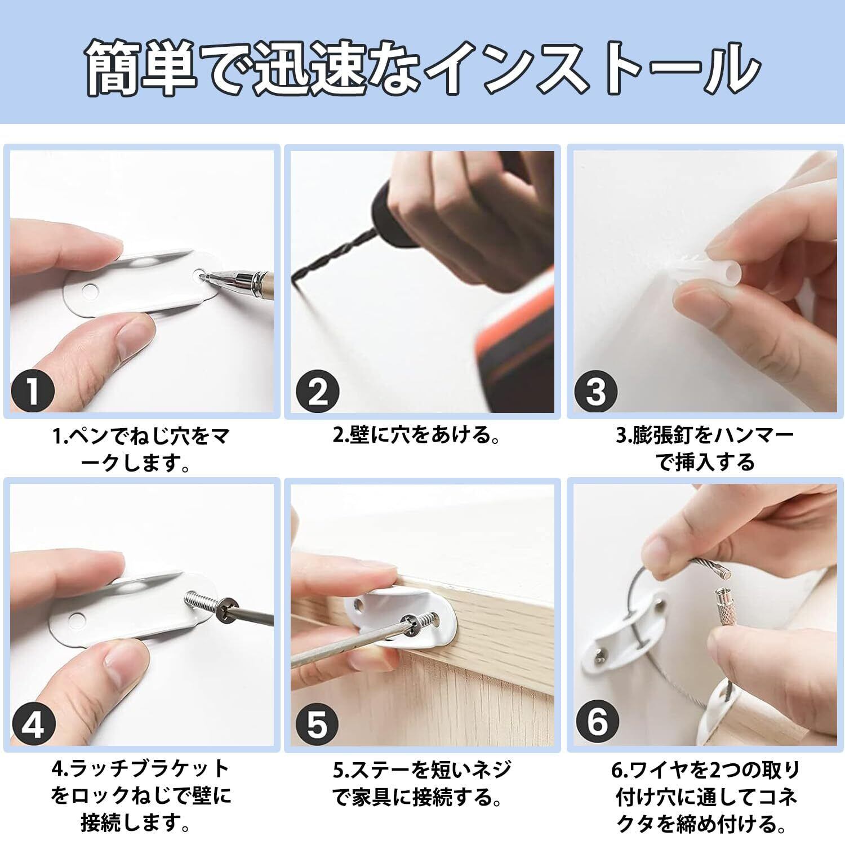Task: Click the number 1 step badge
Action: point(33,391)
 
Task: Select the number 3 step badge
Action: point(596,391)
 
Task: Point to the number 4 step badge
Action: point(33,723)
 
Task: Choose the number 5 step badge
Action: point(317,723)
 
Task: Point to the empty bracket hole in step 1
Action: point(88,291)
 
